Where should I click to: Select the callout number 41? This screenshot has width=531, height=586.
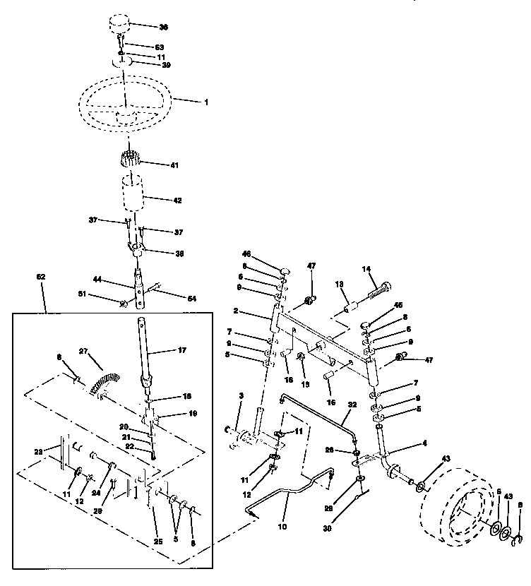click(x=174, y=165)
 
